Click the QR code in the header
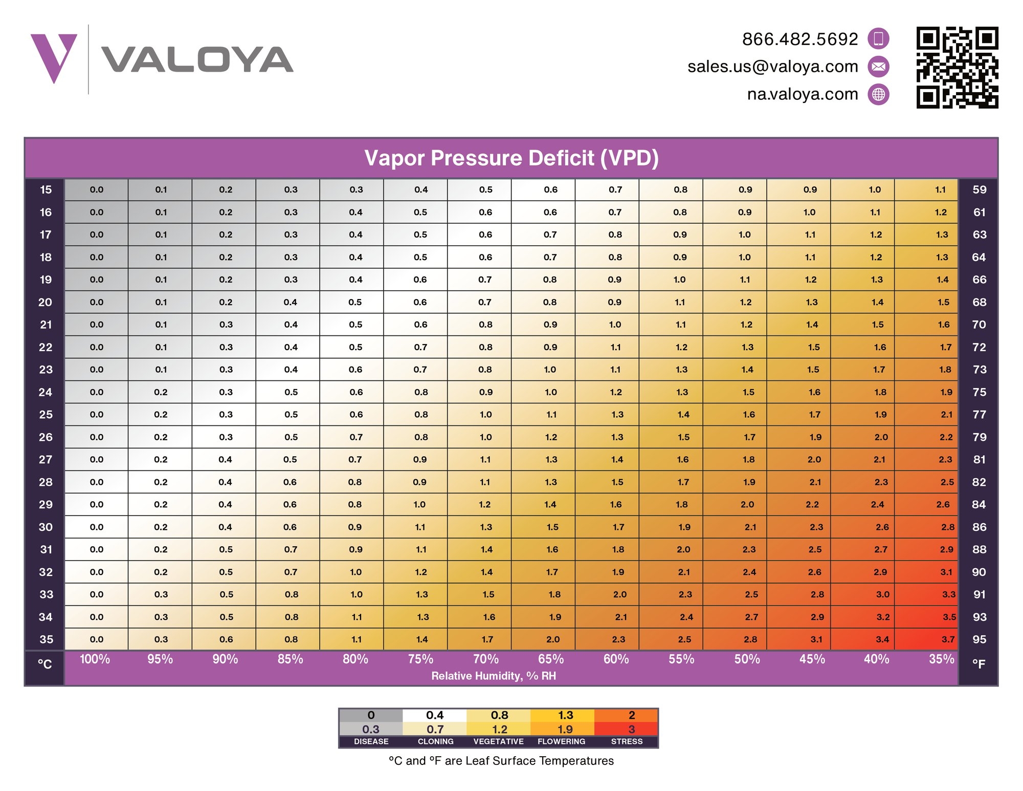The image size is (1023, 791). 957,67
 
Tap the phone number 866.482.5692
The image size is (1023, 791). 800,39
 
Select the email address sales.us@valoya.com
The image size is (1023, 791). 772,67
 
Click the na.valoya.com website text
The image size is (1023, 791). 802,94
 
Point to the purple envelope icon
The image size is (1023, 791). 878,67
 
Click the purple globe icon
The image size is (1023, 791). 878,94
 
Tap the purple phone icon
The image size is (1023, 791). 878,39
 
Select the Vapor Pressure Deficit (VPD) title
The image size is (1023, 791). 511,158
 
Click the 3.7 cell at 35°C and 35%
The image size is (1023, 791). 948,639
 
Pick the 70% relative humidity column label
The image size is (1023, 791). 485,659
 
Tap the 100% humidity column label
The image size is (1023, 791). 95,659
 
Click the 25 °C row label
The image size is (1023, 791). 46,415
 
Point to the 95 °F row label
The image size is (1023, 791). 979,639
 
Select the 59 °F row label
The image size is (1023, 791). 979,190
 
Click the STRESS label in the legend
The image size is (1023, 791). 627,741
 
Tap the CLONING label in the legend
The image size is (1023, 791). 435,741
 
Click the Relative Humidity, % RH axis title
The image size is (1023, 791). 493,676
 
